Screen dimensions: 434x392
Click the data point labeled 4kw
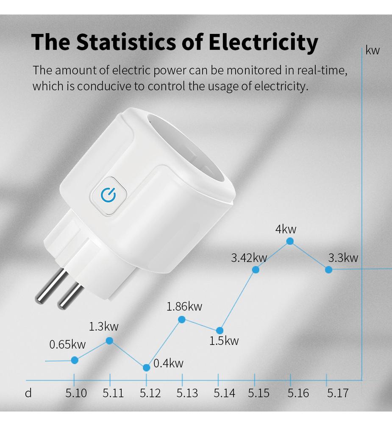[x=290, y=241]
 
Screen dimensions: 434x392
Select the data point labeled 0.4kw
[x=146, y=367]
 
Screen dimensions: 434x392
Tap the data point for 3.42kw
[x=256, y=270]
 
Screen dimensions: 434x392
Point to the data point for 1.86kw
[x=182, y=319]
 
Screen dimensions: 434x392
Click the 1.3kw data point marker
[x=109, y=340]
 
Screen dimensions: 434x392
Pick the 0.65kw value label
[x=67, y=345]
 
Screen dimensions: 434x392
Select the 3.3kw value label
[x=343, y=258]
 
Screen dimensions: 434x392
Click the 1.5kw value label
[x=224, y=341]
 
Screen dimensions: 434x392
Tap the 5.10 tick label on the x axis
[x=76, y=393]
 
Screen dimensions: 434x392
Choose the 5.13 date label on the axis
[x=187, y=393]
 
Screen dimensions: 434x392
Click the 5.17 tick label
[x=337, y=393]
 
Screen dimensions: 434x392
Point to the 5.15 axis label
[x=259, y=393]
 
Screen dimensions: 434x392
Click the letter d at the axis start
[x=28, y=393]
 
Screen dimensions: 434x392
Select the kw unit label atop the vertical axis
[x=373, y=51]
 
